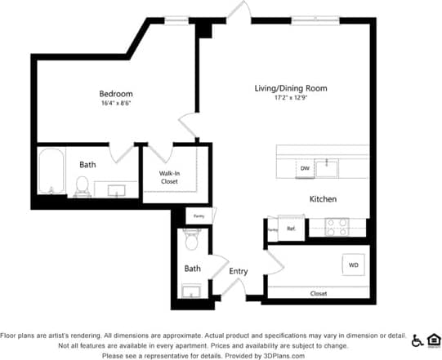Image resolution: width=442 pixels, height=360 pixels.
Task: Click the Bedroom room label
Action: pyautogui.click(x=116, y=94)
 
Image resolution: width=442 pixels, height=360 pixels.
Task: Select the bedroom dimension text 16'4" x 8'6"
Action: pyautogui.click(x=116, y=104)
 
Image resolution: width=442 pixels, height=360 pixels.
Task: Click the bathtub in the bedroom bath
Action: pyautogui.click(x=51, y=171)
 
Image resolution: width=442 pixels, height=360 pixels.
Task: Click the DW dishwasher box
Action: pyautogui.click(x=305, y=168)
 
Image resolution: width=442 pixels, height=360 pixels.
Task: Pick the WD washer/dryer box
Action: pyautogui.click(x=354, y=264)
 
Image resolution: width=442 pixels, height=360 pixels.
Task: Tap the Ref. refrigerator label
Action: pyautogui.click(x=290, y=228)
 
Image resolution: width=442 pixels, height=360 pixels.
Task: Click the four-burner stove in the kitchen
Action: pyautogui.click(x=337, y=226)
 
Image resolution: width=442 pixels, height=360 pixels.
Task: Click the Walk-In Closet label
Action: pyautogui.click(x=169, y=177)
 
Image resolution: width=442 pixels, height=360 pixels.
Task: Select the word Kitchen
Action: pyautogui.click(x=323, y=199)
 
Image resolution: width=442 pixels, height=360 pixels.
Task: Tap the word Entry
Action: pyautogui.click(x=239, y=271)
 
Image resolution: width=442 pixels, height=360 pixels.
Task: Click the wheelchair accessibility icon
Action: pyautogui.click(x=417, y=340)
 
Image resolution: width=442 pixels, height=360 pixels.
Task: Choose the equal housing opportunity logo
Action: pyautogui.click(x=433, y=340)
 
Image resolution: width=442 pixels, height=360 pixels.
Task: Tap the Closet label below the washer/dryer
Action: pyautogui.click(x=319, y=293)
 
